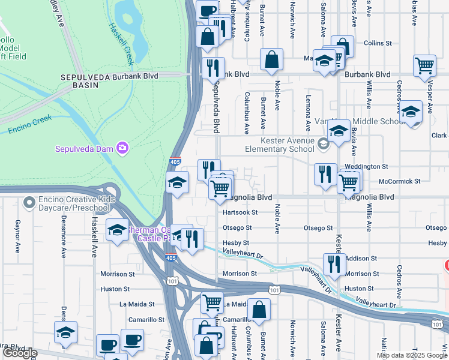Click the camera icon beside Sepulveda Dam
(122, 148)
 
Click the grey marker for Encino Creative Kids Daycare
(28, 203)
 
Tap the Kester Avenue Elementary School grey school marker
(324, 143)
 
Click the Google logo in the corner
(19, 353)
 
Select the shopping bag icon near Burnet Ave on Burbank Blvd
(272, 60)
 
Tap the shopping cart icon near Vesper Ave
(424, 65)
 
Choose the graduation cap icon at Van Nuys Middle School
(339, 131)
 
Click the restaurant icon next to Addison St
(334, 263)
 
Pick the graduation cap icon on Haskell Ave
(117, 230)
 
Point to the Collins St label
(378, 44)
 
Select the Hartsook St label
(240, 212)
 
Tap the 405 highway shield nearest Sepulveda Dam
(174, 162)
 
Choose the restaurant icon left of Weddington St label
(325, 174)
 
